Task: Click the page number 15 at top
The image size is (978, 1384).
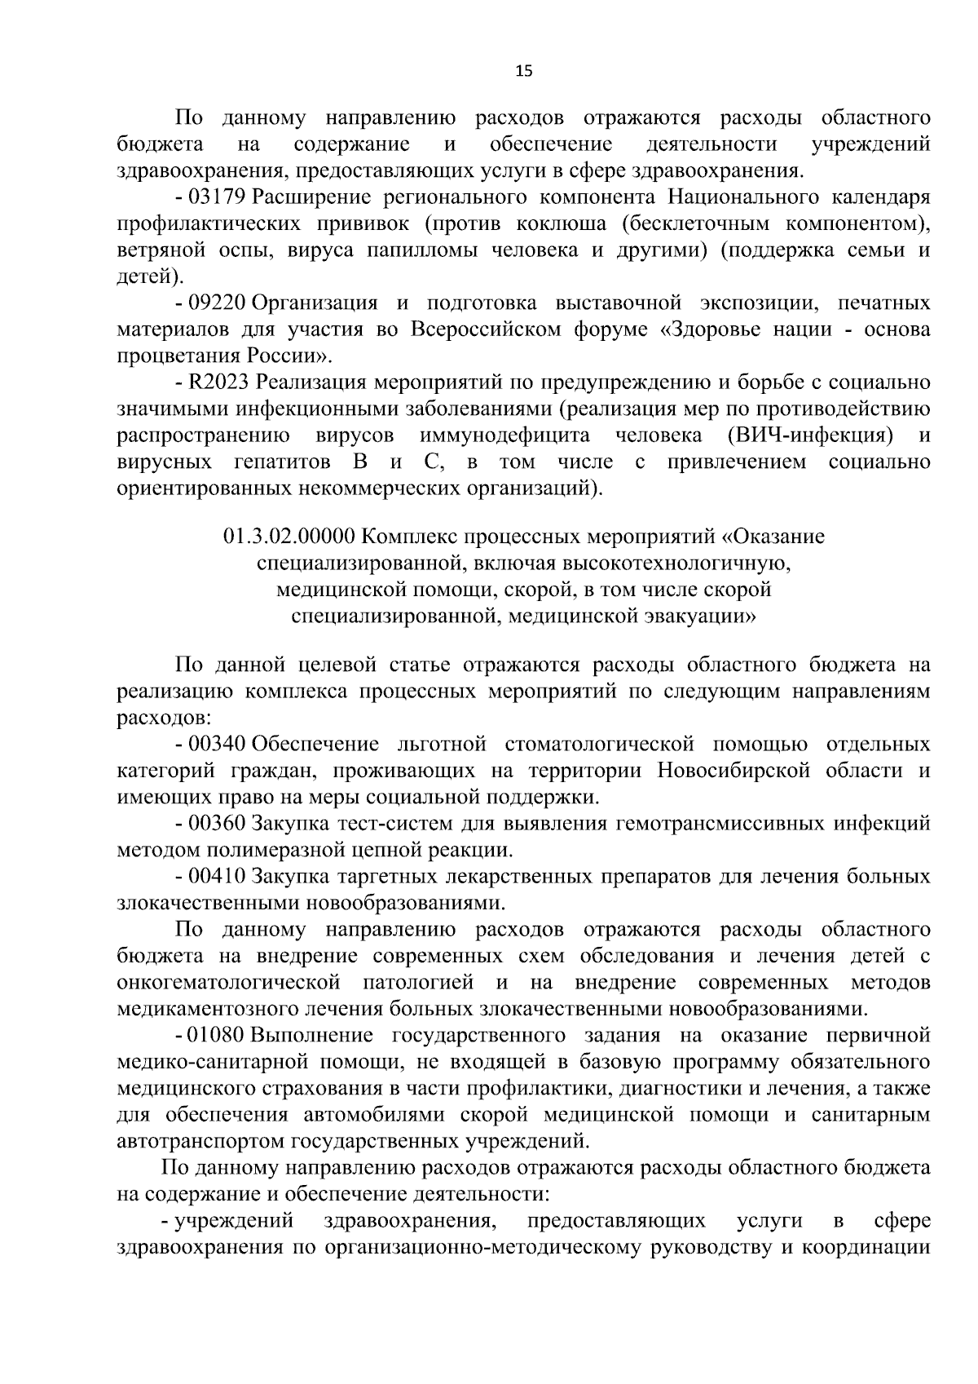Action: click(x=524, y=71)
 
